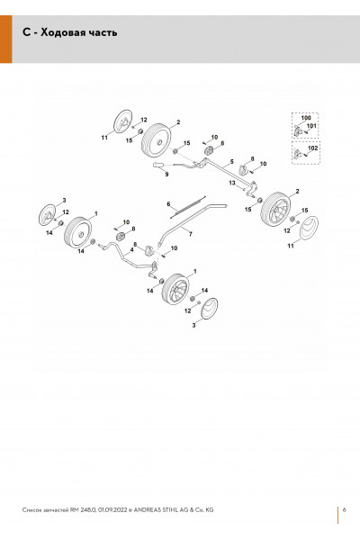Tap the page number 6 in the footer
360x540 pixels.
[x=344, y=510]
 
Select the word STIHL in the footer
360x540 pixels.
[x=168, y=510]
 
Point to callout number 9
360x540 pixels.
[x=166, y=175]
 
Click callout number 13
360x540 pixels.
[x=232, y=183]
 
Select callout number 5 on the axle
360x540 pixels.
[x=232, y=161]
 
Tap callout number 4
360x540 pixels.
[x=131, y=249]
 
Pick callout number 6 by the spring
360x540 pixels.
[x=168, y=204]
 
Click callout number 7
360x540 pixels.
[x=191, y=234]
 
